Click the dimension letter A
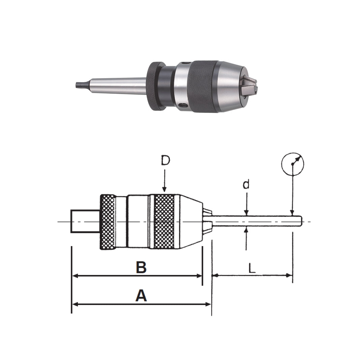point(141,296)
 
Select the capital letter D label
point(165,161)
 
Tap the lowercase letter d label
point(247,184)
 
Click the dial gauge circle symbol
point(293,164)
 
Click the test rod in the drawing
point(256,221)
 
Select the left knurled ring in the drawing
point(108,222)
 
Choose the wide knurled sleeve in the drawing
point(164,222)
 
